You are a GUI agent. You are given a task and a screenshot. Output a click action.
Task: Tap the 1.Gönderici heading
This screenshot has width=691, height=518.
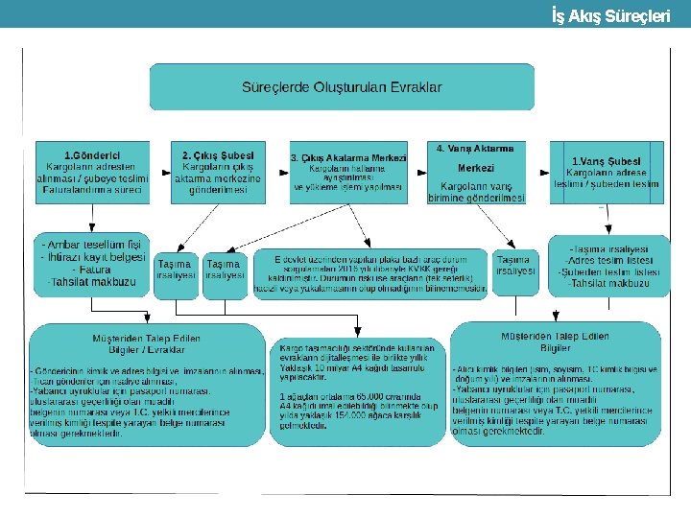coord(91,155)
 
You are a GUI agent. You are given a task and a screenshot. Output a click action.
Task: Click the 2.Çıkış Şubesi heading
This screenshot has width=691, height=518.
coord(217,155)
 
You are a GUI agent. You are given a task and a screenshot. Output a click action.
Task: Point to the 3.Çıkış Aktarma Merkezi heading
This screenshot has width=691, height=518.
coord(348,158)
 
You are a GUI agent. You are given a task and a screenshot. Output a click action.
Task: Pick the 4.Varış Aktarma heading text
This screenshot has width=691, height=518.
coord(475,149)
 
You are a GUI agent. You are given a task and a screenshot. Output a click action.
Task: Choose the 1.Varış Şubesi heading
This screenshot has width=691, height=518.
coord(606,161)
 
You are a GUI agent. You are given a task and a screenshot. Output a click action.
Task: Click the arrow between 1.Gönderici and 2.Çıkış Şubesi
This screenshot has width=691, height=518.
coord(160,174)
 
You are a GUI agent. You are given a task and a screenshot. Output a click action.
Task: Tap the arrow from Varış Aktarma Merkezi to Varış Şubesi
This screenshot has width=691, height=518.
coord(538,174)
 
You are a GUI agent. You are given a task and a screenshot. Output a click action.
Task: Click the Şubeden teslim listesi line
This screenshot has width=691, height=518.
coord(609,272)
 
